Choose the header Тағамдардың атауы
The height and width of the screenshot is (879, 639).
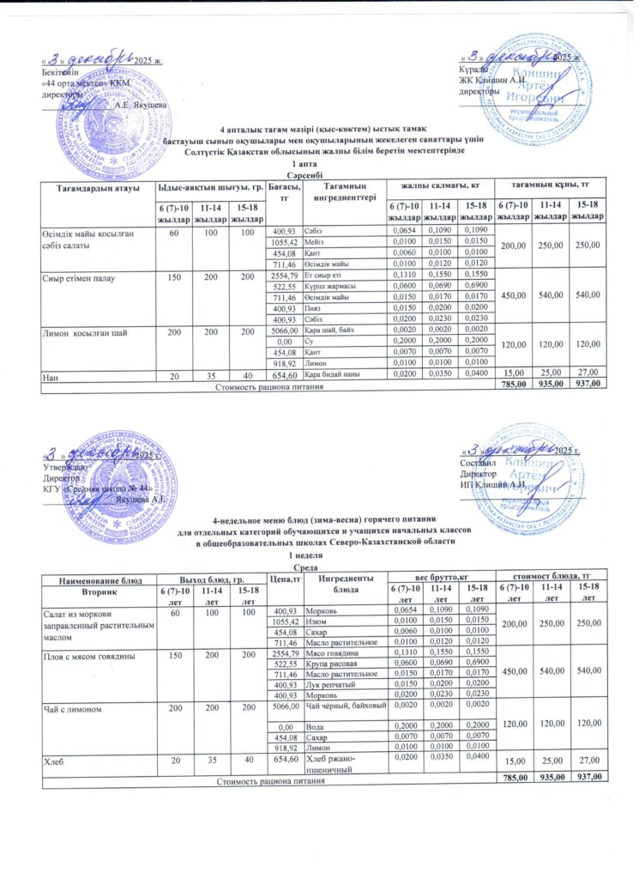pyautogui.click(x=93, y=186)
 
